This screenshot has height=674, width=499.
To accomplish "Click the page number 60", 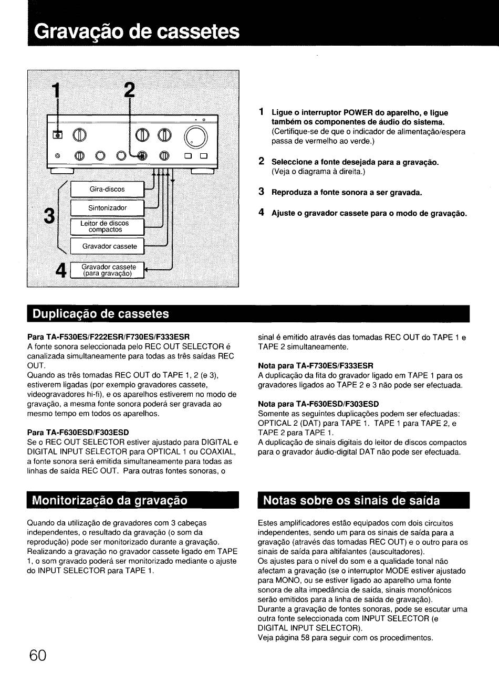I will point(38,656).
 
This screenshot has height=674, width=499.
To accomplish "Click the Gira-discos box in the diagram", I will point(107,189).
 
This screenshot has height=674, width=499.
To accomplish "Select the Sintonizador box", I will point(107,208).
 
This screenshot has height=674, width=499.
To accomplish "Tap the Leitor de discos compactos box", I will point(107,227).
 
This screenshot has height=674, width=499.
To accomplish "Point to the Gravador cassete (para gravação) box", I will point(108,270).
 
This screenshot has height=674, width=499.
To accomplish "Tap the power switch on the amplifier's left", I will point(58,136).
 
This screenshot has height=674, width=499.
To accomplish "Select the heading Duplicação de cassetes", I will point(101,314).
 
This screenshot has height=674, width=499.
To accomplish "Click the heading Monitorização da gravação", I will point(110,500).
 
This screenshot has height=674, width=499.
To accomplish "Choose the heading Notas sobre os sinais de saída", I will point(351,500).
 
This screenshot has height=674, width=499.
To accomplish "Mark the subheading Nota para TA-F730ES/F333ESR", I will point(315,365).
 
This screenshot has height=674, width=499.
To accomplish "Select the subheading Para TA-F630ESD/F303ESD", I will point(78,432).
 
